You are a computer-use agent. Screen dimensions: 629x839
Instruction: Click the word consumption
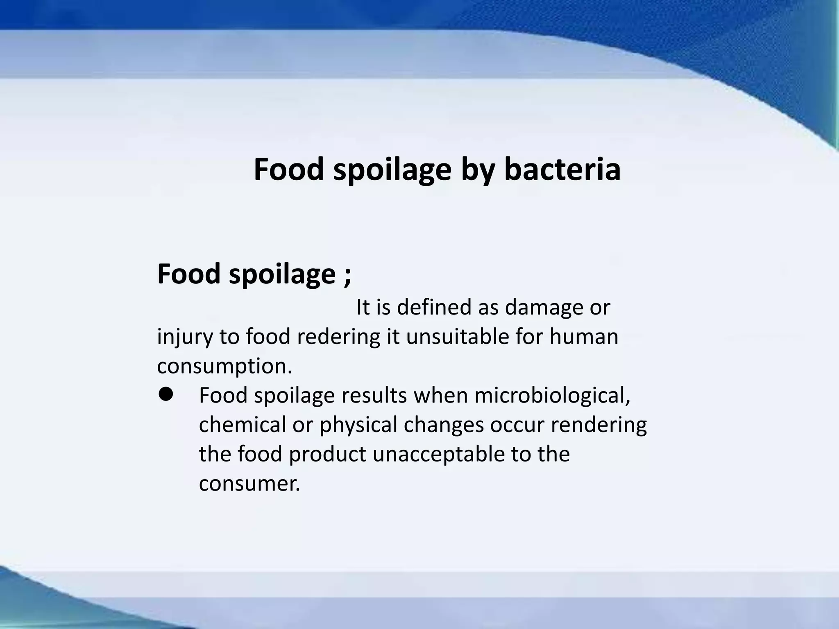[x=224, y=367]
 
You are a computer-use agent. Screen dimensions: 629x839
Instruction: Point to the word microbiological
[x=552, y=396]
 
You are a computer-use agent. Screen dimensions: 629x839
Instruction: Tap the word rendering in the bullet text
[x=599, y=426]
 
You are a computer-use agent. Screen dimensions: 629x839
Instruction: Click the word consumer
[x=249, y=484]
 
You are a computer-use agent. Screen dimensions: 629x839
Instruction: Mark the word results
[x=374, y=396]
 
